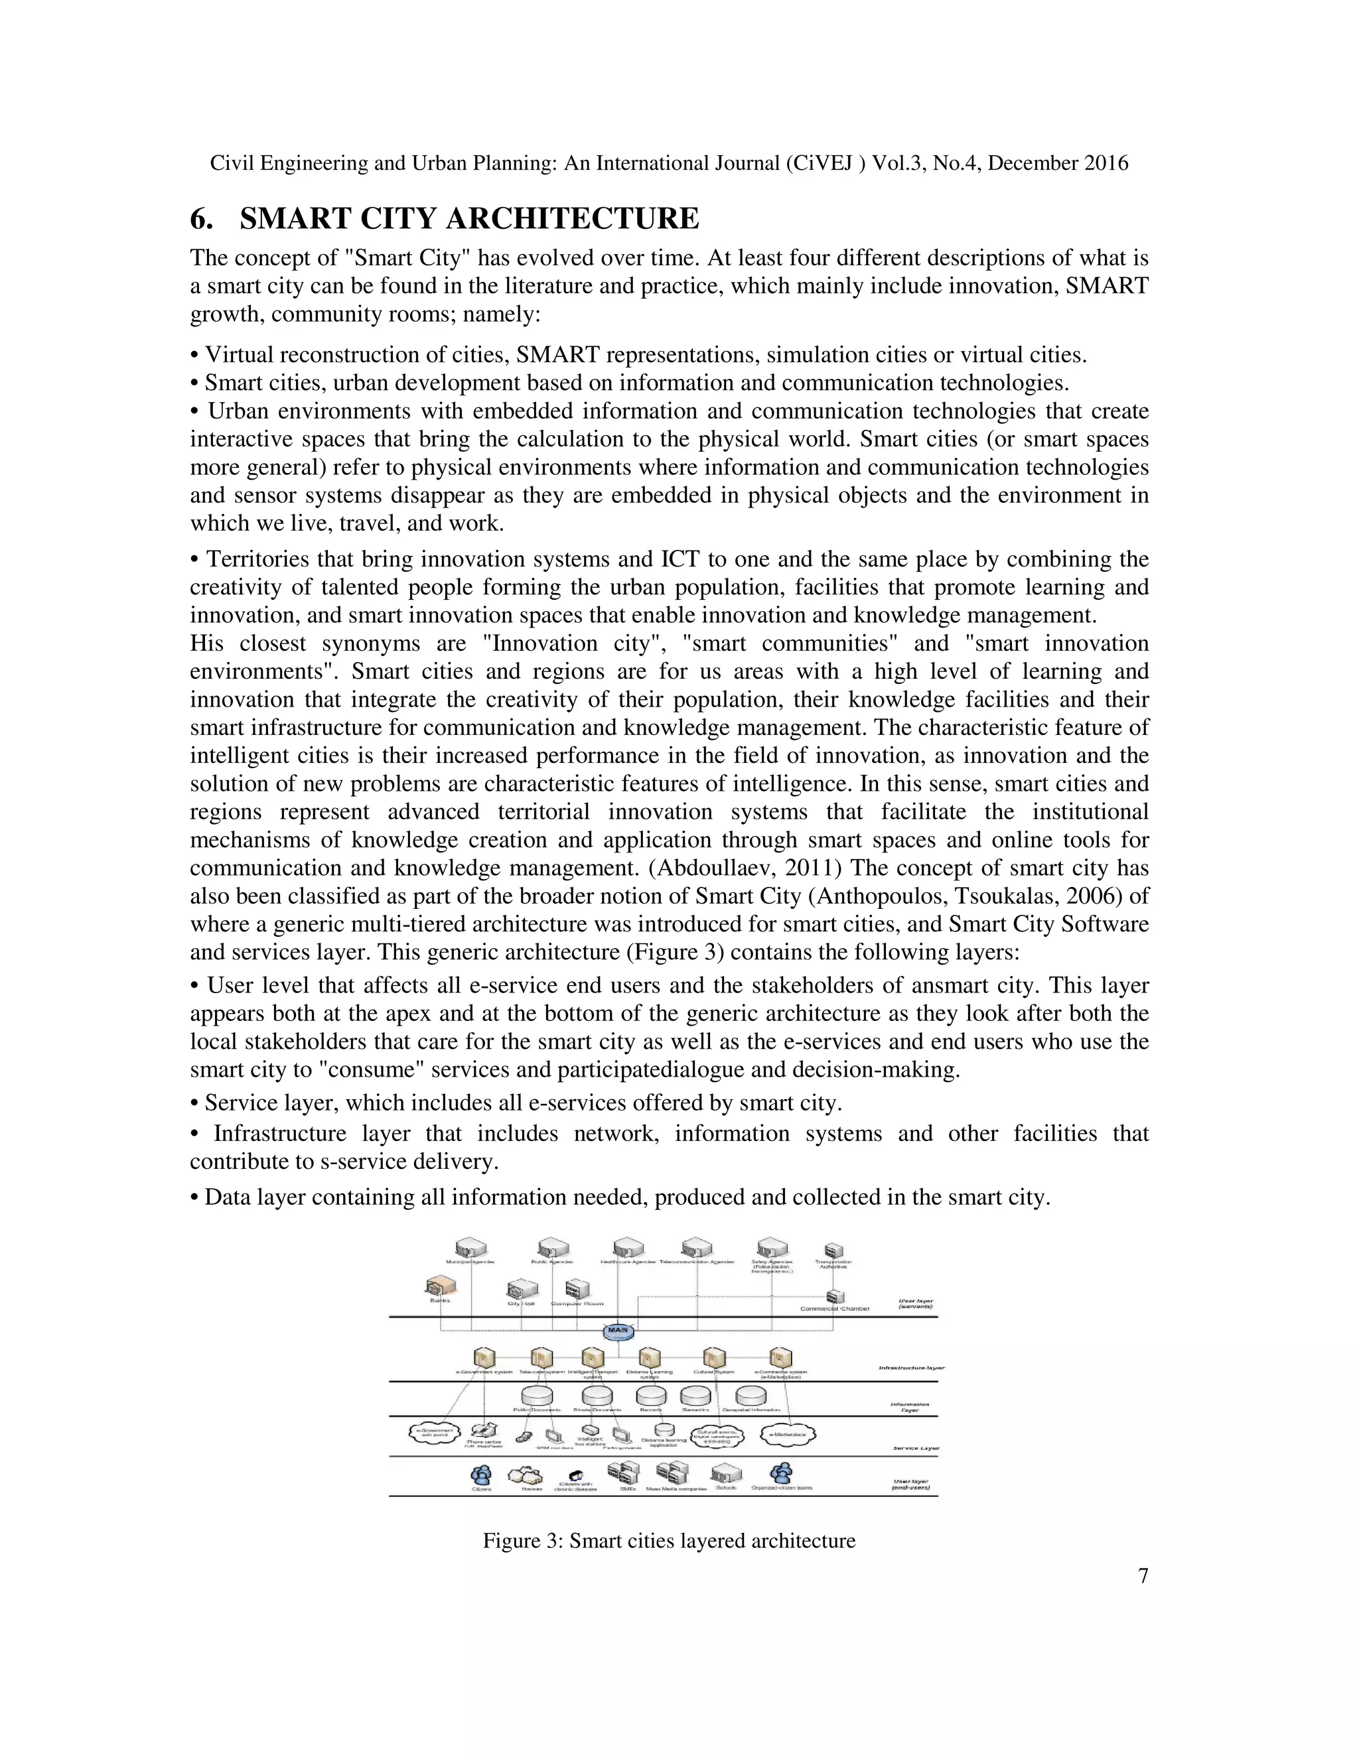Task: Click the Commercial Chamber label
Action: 834,1309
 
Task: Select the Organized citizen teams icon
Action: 781,1473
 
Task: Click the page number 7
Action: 1143,1576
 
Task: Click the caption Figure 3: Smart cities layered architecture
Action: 668,1540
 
